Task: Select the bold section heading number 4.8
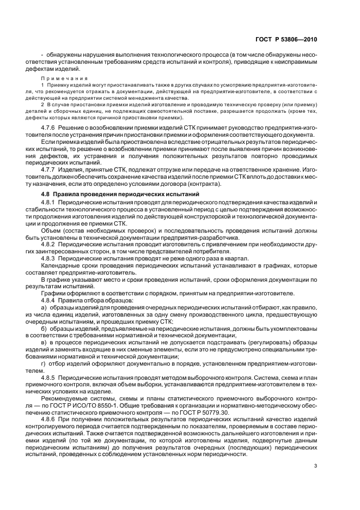[x=47, y=195]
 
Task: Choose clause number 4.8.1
[x=50, y=203]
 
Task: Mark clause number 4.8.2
[x=50, y=244]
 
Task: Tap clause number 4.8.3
[x=50, y=258]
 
